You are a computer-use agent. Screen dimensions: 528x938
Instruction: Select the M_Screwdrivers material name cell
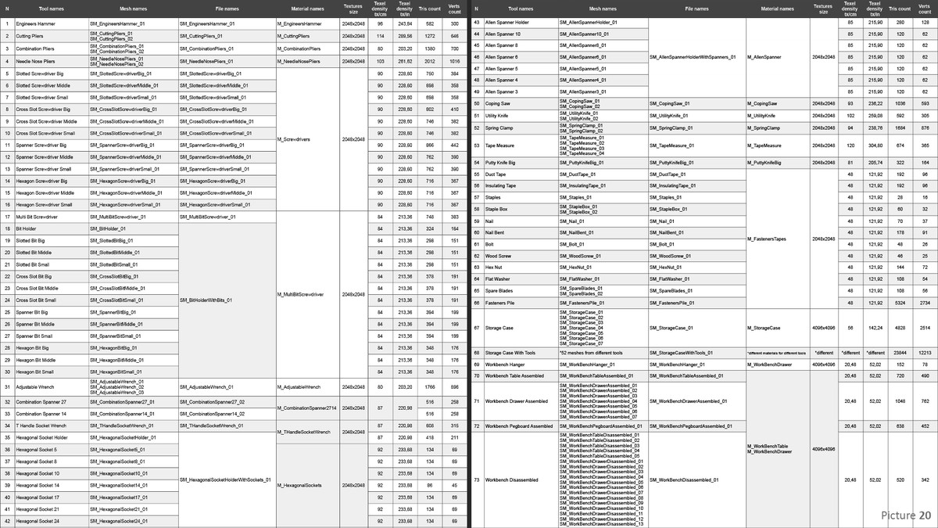pos(294,139)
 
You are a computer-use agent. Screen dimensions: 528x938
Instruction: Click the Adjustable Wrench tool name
pos(34,386)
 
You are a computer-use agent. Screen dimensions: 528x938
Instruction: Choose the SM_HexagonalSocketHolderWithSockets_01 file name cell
pos(224,480)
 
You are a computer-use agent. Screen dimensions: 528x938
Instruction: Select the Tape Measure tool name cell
pos(500,145)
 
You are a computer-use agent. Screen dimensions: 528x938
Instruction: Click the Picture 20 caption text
pos(905,515)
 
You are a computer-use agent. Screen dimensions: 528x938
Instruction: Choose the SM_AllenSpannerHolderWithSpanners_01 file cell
pos(696,57)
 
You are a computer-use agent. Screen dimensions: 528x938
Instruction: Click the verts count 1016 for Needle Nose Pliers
pos(454,61)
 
